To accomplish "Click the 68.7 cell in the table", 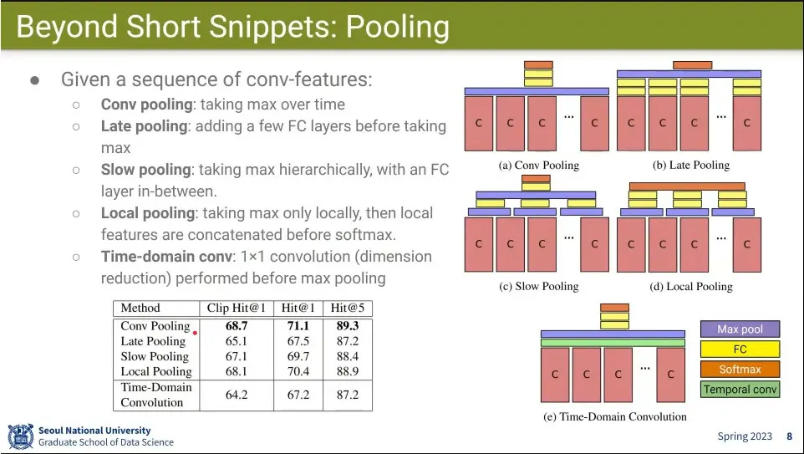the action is click(x=237, y=326).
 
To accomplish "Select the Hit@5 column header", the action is click(x=347, y=308).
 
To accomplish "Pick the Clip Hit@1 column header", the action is click(x=236, y=308).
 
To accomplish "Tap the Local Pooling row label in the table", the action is click(x=156, y=371).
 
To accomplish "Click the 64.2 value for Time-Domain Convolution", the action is click(x=237, y=395).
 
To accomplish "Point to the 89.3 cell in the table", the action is click(x=347, y=326).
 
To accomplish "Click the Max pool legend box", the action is click(x=740, y=329).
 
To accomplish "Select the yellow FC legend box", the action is click(x=740, y=349).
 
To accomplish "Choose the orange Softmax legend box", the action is click(x=740, y=370).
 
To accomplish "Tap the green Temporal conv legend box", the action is click(x=740, y=390).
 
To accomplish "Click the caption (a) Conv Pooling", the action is click(x=538, y=165).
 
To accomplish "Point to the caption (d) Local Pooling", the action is click(x=690, y=286).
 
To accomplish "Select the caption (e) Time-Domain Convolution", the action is click(x=614, y=416).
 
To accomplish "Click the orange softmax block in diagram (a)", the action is click(x=538, y=64).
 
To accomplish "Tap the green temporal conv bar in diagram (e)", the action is click(x=613, y=342).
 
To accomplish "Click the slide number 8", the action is click(x=789, y=436).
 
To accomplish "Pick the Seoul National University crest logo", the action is click(x=20, y=436).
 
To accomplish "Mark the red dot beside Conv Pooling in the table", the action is click(x=195, y=333).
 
